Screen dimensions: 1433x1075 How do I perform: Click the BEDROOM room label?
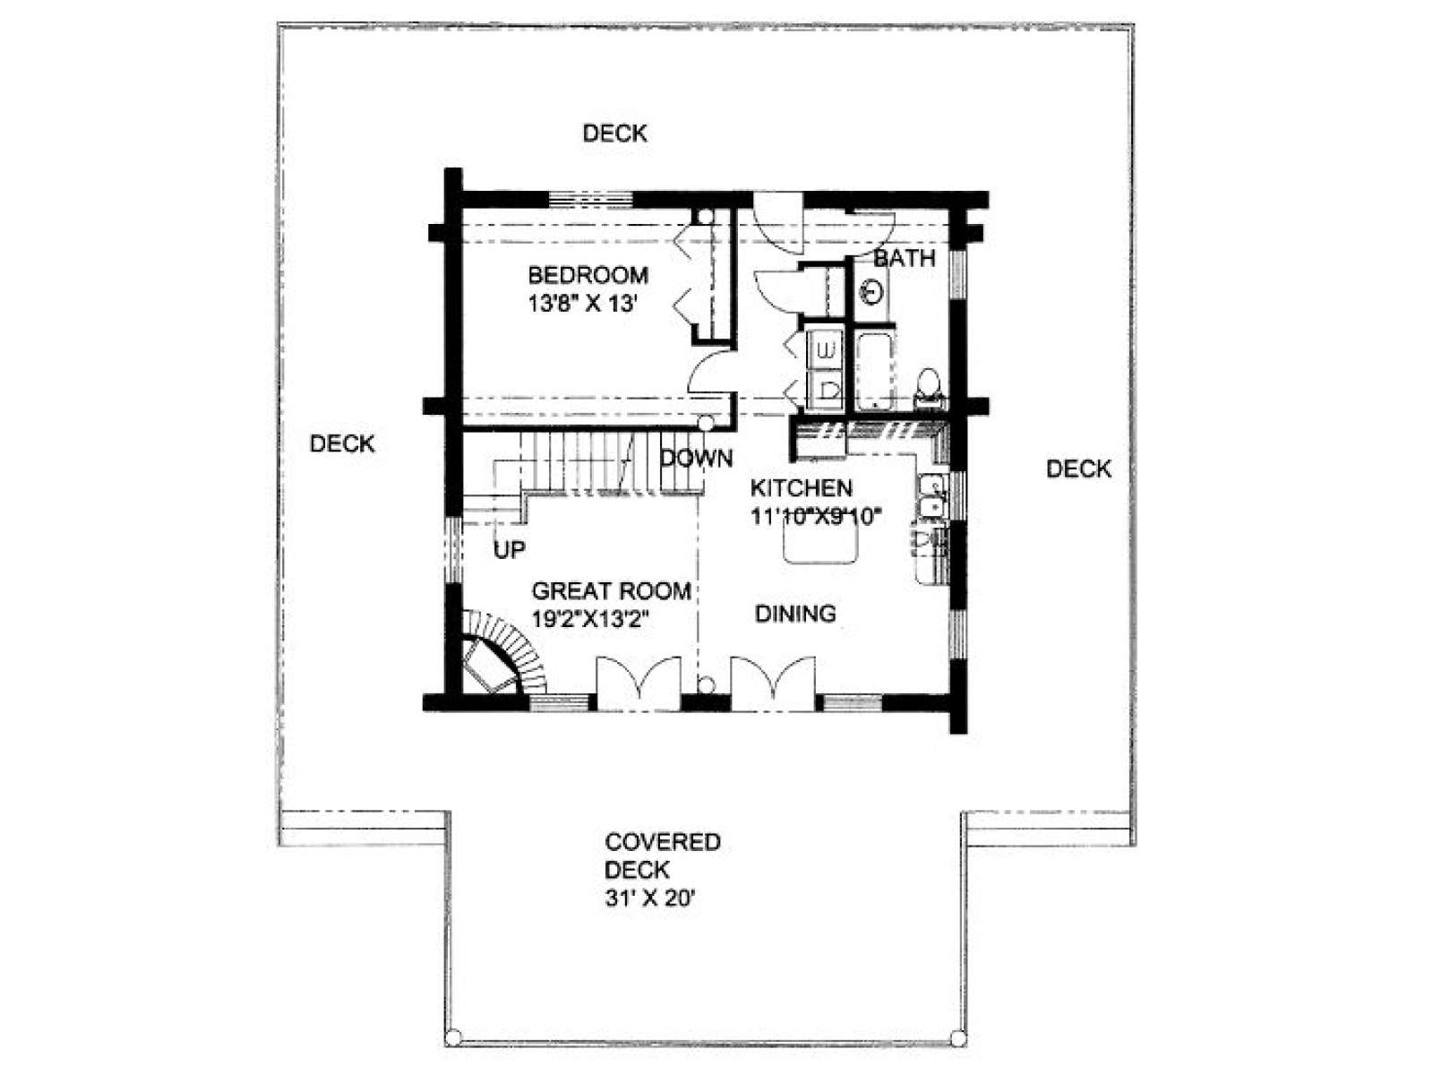coord(588,275)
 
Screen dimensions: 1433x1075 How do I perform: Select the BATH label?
coord(905,259)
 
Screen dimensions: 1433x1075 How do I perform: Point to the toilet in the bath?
coord(929,388)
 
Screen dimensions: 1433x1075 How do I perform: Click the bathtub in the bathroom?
coord(874,370)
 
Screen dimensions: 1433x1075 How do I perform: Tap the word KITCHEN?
coord(801,487)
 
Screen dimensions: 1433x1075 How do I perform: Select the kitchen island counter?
coord(820,543)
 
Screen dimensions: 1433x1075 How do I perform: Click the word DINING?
coord(795,614)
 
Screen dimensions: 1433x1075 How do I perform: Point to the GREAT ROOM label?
coord(611,590)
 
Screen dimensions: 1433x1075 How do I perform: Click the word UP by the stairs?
coord(510,549)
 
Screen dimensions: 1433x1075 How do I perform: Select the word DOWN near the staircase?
coord(697,458)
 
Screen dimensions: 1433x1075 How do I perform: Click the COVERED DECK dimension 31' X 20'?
coord(649,899)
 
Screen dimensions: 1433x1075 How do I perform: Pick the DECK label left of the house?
coord(342,443)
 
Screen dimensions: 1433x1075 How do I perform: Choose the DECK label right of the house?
coord(1078,469)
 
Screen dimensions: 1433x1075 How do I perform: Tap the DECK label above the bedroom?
coord(615,133)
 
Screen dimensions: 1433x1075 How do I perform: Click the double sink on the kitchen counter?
coord(931,496)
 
